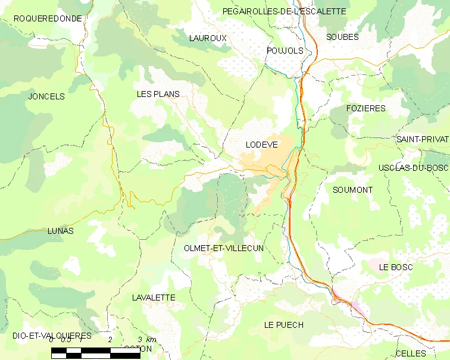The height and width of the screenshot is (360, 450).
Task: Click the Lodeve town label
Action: tap(261, 145)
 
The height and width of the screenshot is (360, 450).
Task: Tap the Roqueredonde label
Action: tap(48, 18)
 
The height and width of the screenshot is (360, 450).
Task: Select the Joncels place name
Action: tap(46, 96)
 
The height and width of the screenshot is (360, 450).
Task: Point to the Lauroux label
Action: tap(208, 38)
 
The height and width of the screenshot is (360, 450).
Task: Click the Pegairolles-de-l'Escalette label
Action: tap(284, 11)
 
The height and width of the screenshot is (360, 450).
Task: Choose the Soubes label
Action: tap(342, 37)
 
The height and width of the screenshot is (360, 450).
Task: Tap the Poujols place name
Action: tap(285, 51)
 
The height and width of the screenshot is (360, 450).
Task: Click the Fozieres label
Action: tap(366, 108)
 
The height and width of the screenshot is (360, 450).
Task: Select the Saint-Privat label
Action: tap(422, 139)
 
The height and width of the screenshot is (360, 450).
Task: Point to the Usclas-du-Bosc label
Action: tap(413, 168)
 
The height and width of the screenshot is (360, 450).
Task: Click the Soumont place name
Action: tap(353, 190)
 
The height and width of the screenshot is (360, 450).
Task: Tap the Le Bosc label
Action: tap(396, 267)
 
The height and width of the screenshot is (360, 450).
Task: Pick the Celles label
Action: tap(411, 353)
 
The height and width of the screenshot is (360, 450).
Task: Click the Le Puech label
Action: tap(284, 325)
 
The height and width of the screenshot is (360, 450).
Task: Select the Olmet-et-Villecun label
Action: tap(224, 248)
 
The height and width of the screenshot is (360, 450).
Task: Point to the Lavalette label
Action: tap(154, 297)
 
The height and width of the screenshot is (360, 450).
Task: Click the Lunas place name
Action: tap(61, 231)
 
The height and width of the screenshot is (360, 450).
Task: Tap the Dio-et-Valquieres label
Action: tap(52, 336)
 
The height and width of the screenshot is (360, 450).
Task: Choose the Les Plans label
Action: tap(158, 94)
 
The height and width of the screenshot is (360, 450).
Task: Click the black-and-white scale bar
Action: tap(104, 353)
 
